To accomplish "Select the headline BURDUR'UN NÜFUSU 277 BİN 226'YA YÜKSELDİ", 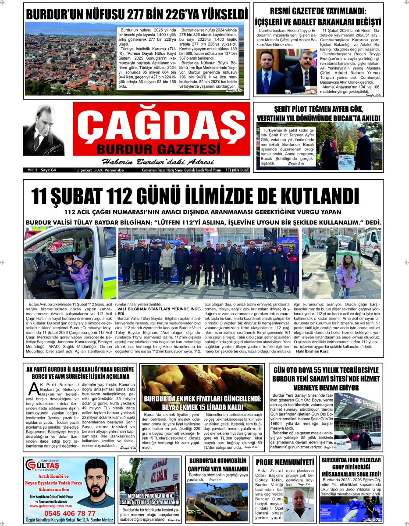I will [x=137, y=12].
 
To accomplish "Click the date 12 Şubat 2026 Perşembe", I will [x=100, y=170].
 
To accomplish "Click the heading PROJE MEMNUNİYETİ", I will [x=285, y=462].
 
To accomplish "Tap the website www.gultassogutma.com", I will [x=48, y=506].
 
